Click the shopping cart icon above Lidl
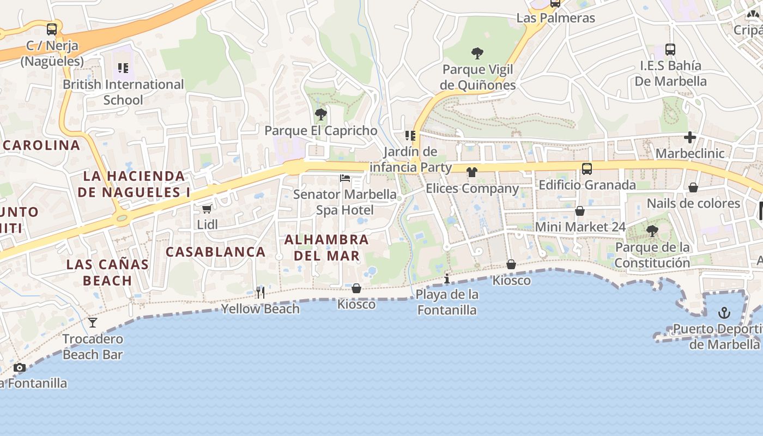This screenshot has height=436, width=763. coord(207,209)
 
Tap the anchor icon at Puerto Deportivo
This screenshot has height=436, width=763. coord(724,313)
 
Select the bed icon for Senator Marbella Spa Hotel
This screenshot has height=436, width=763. coord(344,178)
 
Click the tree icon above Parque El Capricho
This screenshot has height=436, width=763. coord(321,114)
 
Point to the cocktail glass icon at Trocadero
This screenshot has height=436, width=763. coord(93,323)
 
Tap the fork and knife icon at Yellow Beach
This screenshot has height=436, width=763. coord(260,293)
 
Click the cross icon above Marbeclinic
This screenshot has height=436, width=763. coord(690,137)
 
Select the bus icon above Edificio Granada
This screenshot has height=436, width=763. coord(586,169)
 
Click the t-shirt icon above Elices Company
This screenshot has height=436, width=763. coord(471,172)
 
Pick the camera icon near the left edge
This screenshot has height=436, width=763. coord(20,367)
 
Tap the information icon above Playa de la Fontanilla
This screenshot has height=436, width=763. coord(447,278)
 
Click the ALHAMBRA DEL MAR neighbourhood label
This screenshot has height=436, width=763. coord(326,247)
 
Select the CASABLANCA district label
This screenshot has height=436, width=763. coord(215,252)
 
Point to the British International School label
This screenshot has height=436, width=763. coord(123,92)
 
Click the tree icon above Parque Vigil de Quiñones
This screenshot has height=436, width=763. coord(477,53)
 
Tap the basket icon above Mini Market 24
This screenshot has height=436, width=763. coord(580,211)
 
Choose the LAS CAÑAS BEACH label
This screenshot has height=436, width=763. coord(107,272)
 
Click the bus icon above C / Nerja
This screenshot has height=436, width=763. coord(52,29)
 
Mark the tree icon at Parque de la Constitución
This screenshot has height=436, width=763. coord(652,231)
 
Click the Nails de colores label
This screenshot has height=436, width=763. coord(693,203)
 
